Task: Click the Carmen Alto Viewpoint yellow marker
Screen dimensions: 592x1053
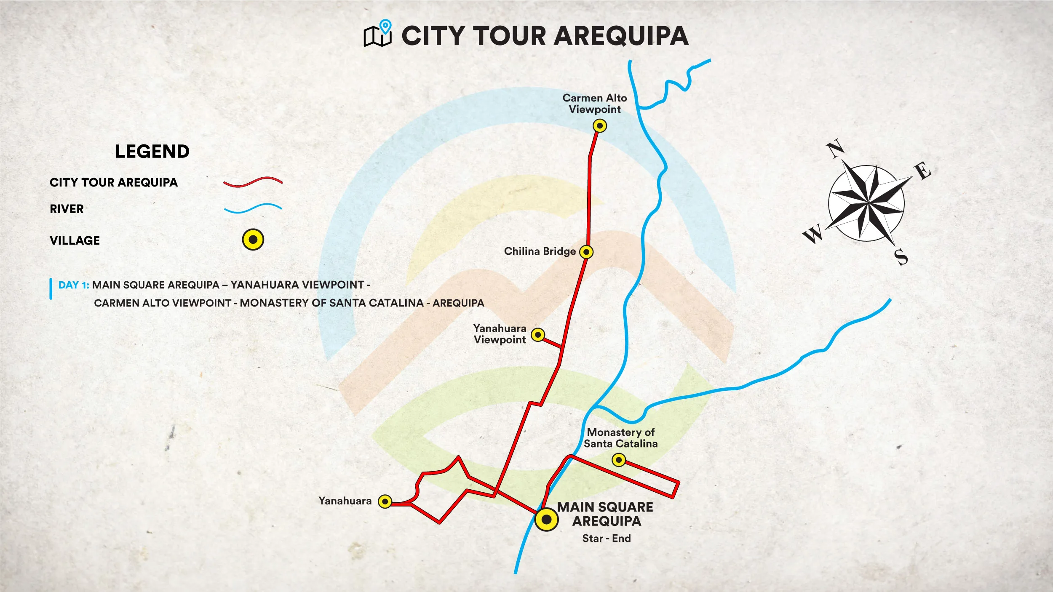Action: pos(599,125)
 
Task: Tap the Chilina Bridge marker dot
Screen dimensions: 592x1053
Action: pos(586,252)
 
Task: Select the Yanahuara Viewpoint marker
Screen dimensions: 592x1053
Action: pos(538,335)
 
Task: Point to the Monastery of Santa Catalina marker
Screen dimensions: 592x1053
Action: pos(618,460)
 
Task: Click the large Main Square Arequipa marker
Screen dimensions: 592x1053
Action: pos(546,519)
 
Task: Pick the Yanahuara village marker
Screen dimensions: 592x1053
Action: pos(385,501)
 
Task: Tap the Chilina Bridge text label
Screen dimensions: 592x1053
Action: pos(540,251)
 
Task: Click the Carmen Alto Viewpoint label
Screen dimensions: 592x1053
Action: pos(595,104)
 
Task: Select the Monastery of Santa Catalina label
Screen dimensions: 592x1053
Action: pos(620,438)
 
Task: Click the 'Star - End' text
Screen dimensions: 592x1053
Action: pos(607,539)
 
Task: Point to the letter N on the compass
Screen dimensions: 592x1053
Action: pos(835,149)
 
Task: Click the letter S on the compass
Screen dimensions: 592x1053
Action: pos(901,257)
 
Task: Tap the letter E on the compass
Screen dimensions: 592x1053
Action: pos(923,171)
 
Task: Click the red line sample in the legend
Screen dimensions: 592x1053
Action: pos(253,182)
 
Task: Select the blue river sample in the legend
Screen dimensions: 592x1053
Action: pos(253,208)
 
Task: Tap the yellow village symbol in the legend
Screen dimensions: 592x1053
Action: pos(253,240)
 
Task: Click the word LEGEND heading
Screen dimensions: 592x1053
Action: pos(152,152)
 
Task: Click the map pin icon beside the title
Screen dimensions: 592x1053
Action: pos(385,27)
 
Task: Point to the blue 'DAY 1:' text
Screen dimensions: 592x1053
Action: pos(74,285)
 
